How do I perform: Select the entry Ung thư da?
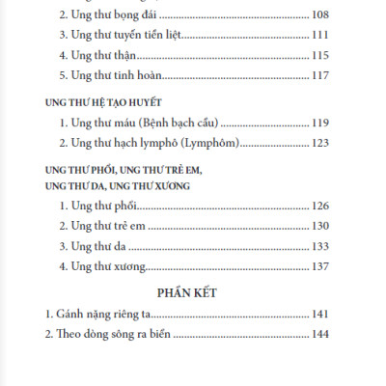(x=93, y=245)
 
